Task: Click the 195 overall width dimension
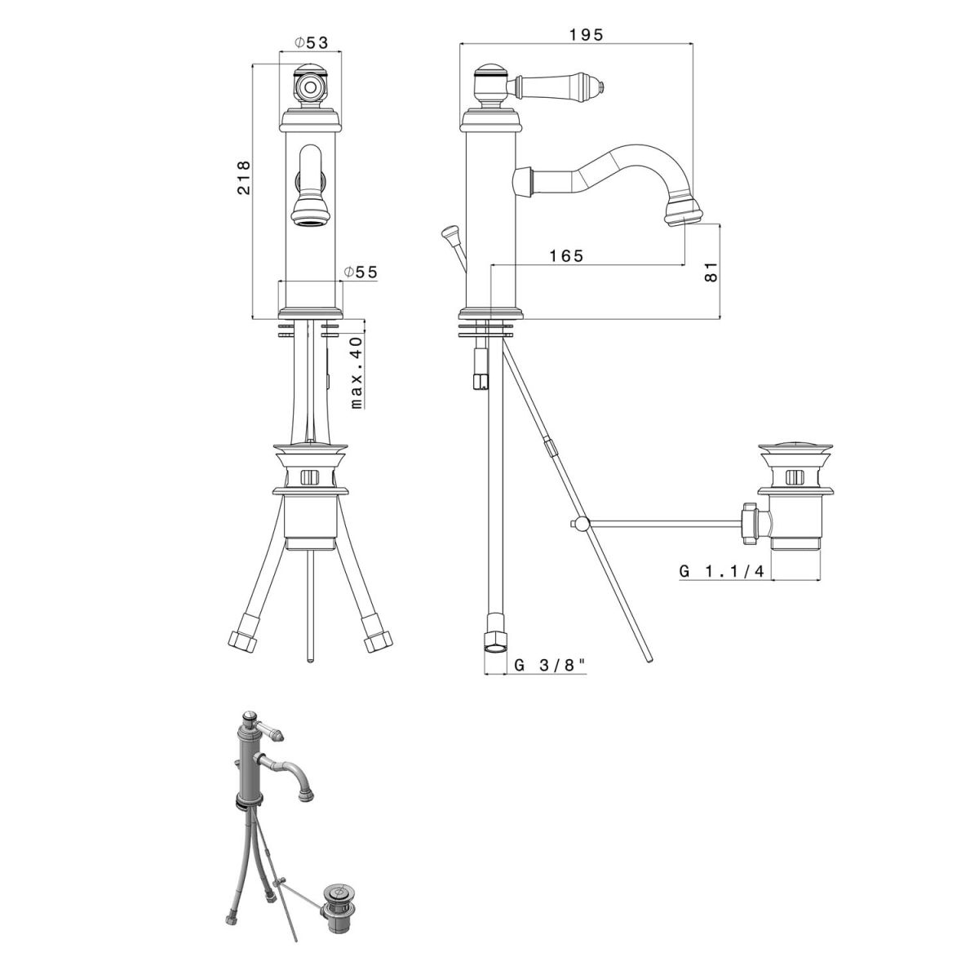pyautogui.click(x=585, y=35)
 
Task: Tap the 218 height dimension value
pyautogui.click(x=244, y=177)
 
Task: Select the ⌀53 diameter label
pyautogui.click(x=311, y=43)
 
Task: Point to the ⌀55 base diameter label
pyautogui.click(x=361, y=272)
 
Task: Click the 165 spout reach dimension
pyautogui.click(x=566, y=255)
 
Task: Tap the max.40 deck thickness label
pyautogui.click(x=357, y=372)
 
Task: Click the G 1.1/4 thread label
pyautogui.click(x=721, y=572)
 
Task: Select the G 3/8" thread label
pyautogui.click(x=550, y=665)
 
